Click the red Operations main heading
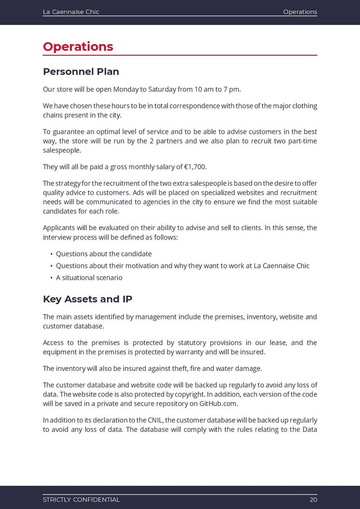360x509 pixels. [x=78, y=47]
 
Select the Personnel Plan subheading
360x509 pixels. [x=81, y=72]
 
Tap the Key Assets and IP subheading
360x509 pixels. [x=88, y=299]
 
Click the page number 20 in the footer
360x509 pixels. [x=313, y=500]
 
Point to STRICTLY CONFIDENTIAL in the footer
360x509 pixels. [x=81, y=500]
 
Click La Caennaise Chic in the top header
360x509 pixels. [x=71, y=12]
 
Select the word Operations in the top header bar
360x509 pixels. [x=300, y=12]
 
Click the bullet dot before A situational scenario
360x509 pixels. [x=51, y=278]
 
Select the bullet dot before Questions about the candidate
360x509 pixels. [x=51, y=254]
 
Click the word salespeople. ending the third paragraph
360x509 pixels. [x=62, y=150]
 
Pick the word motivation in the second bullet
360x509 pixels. [x=141, y=266]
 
